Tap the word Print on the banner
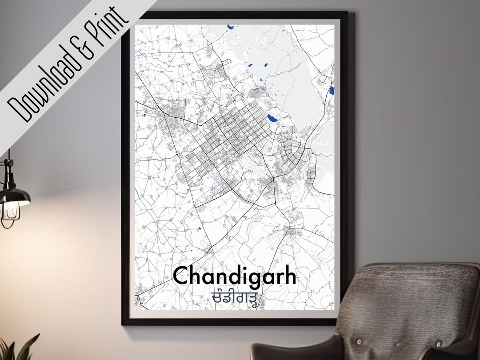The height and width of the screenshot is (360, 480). click(x=107, y=26)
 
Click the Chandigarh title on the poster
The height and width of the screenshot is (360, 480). click(x=234, y=276)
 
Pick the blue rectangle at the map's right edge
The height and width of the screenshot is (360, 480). click(x=332, y=91)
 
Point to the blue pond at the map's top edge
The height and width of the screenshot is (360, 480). click(x=230, y=27)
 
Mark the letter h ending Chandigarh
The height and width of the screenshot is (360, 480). click(x=289, y=276)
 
